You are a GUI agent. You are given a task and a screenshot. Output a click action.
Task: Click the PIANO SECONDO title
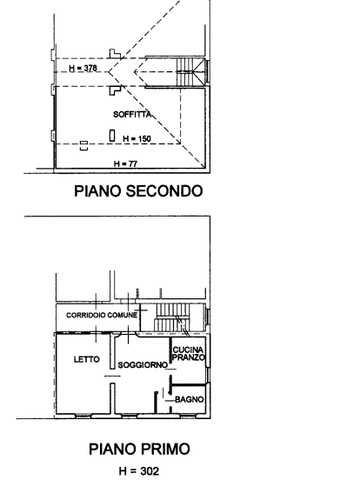[x=138, y=190]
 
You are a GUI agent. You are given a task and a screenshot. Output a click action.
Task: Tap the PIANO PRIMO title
[x=139, y=449]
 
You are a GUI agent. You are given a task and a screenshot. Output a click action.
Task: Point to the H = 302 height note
[x=139, y=470]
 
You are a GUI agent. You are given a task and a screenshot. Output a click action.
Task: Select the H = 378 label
[x=83, y=68]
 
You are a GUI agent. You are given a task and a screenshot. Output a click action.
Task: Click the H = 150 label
[x=137, y=139]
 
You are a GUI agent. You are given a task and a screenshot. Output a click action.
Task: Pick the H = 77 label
[x=125, y=163]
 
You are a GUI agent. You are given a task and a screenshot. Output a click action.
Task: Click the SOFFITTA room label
[x=132, y=114]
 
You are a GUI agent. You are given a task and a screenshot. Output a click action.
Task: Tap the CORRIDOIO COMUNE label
[x=102, y=315]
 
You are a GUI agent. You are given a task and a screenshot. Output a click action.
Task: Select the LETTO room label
[x=87, y=359]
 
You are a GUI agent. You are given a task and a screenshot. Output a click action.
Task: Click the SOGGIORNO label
[x=143, y=365]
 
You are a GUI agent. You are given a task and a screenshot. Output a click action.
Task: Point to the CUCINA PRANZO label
[x=189, y=354]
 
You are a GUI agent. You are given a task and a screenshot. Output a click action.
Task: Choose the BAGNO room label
[x=190, y=399]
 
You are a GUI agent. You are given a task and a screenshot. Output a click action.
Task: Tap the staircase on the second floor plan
[x=190, y=72]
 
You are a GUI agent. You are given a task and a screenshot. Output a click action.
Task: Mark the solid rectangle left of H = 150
[x=112, y=136]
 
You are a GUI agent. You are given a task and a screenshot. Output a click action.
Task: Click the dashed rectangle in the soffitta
[x=83, y=146]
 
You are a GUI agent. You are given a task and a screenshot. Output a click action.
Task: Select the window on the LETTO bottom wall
[x=83, y=416]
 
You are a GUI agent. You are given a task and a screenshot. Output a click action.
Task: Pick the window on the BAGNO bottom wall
[x=187, y=416]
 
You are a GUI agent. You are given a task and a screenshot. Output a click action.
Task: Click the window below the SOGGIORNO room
[x=130, y=416]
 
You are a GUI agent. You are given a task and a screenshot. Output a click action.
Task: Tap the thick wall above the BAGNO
[x=188, y=384]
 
